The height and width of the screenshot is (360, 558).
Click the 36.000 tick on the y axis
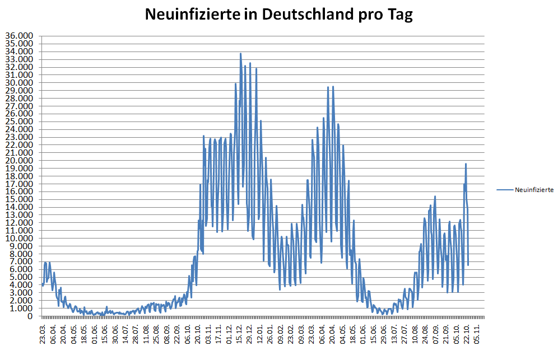coord(19,36)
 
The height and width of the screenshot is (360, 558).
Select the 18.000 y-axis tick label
coord(19,176)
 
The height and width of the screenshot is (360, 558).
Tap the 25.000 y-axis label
coord(19,121)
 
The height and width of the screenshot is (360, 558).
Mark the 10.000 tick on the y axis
coord(19,239)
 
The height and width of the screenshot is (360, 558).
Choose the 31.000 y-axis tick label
coord(19,75)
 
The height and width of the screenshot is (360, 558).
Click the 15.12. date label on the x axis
coord(240,334)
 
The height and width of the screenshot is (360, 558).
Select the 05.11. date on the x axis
coord(478,334)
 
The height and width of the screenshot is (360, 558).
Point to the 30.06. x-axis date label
coord(115,334)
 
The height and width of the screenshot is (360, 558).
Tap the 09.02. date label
coord(281,334)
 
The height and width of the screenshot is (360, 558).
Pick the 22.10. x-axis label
coord(467,334)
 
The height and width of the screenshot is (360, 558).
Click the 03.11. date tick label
coord(209,334)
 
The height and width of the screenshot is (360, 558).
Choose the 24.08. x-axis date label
coord(426,334)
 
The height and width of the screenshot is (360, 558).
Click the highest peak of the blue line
coord(240,54)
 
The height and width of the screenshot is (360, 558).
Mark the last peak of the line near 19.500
coord(466,164)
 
